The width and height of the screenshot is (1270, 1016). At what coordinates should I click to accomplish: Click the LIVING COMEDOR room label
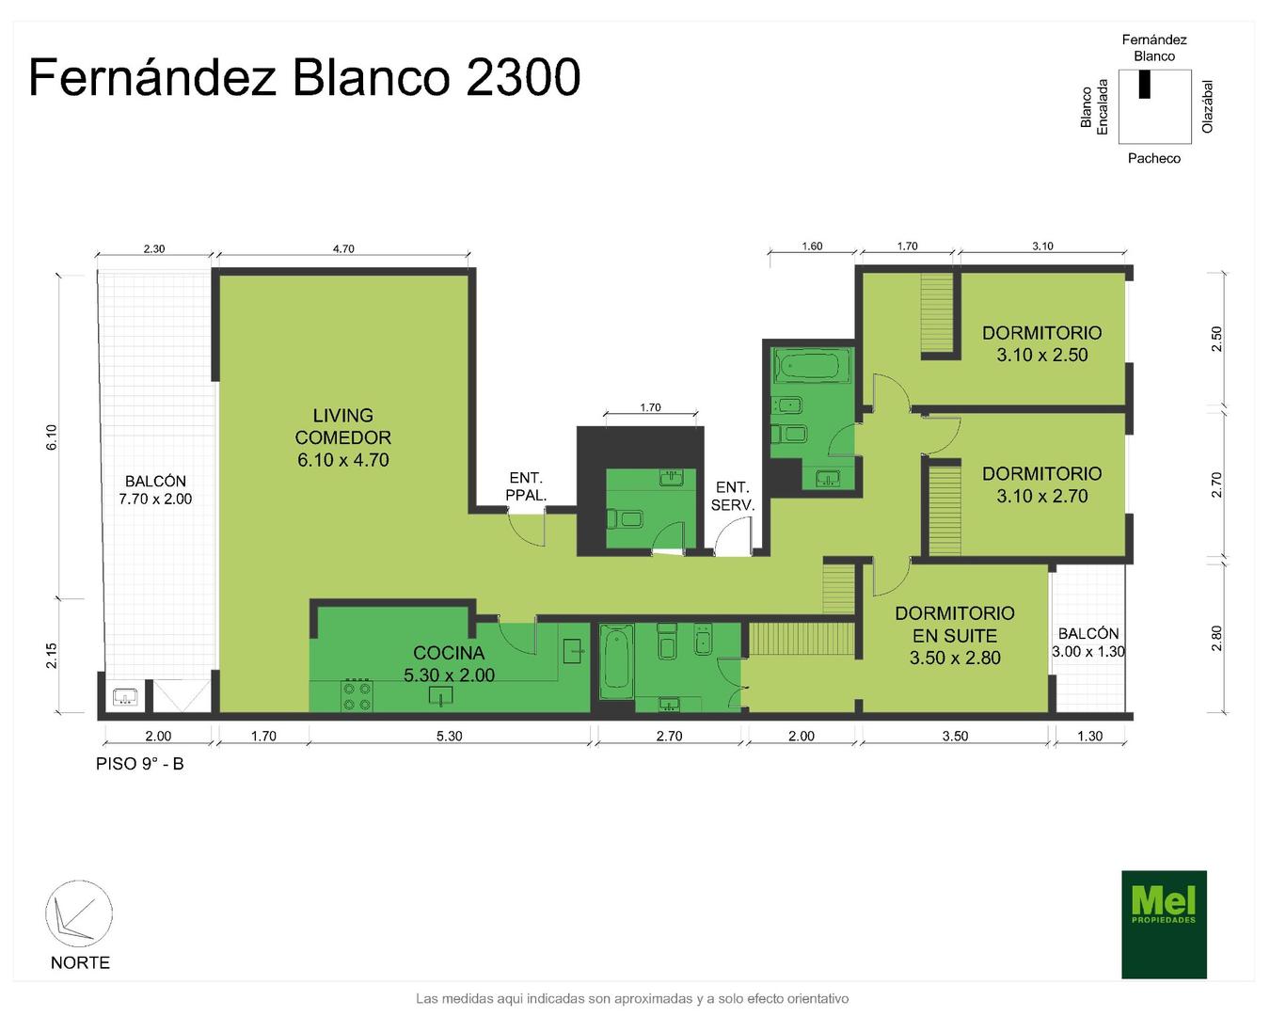pos(342,437)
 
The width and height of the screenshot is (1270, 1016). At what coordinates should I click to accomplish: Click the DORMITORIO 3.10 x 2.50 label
pos(1042,343)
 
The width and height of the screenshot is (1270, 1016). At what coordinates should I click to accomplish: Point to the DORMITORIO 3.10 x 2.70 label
pos(1042,484)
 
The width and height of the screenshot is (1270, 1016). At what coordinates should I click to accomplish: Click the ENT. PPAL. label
pos(526,486)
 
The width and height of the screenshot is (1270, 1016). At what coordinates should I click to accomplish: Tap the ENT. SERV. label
pos(733,496)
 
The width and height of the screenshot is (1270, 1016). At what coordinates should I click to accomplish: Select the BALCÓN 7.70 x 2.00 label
pos(155,490)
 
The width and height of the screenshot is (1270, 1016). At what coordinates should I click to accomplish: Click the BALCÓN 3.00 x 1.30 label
pos(1088,643)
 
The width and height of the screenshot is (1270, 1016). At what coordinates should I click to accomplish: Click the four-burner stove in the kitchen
pos(357,696)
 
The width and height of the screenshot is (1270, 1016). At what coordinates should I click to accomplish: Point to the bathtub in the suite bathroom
pos(617,661)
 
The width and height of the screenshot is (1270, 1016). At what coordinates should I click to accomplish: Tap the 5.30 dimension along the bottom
pos(449,737)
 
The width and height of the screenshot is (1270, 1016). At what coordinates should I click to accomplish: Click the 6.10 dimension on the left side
pos(52,437)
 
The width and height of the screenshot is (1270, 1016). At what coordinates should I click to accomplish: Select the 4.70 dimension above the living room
pos(343,249)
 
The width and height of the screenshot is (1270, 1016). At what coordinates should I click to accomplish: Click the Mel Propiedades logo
pos(1164,924)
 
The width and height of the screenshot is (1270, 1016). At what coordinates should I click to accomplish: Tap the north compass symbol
pos(79,913)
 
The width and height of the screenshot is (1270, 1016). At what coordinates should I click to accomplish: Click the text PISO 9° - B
pos(140,764)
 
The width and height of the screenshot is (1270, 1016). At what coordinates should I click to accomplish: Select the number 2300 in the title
pos(523,77)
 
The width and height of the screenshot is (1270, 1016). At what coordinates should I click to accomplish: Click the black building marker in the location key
pos(1144,85)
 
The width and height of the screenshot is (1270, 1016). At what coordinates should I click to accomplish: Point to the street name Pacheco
pos(1153,158)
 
